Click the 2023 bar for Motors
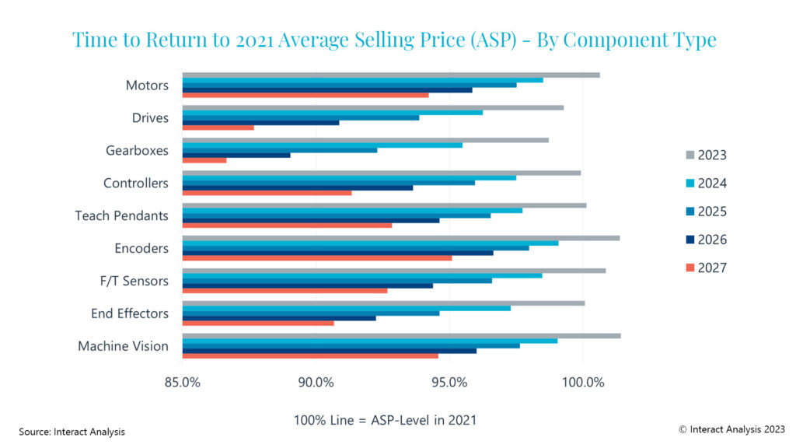pyautogui.click(x=391, y=75)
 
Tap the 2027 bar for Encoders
pyautogui.click(x=317, y=257)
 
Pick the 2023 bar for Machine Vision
pyautogui.click(x=401, y=336)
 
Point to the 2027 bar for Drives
pyautogui.click(x=218, y=128)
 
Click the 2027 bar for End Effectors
pyautogui.click(x=258, y=323)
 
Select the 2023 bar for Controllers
pyautogui.click(x=382, y=173)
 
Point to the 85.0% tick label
pyautogui.click(x=183, y=383)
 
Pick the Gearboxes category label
pyautogui.click(x=136, y=150)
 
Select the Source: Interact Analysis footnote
pyautogui.click(x=72, y=431)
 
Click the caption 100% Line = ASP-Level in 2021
pyautogui.click(x=385, y=420)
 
